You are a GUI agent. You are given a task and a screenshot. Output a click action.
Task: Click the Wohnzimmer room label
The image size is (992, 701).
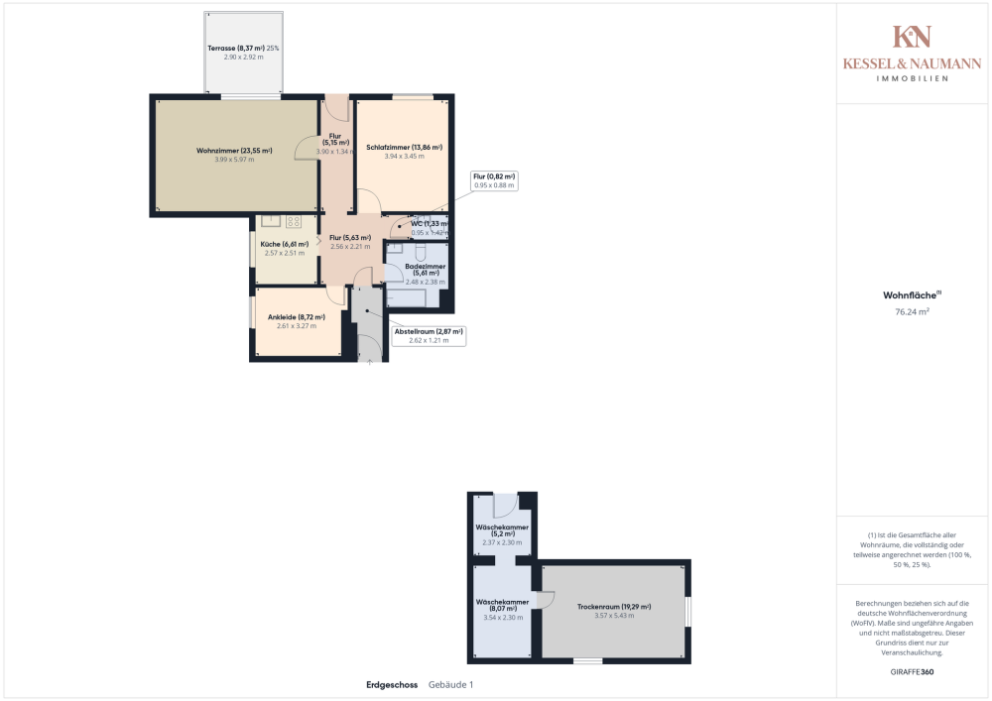tap(234, 150)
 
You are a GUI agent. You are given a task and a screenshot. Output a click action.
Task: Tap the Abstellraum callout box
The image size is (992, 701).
tap(430, 335)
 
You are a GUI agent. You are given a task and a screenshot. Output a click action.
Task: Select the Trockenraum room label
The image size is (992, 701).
tap(614, 606)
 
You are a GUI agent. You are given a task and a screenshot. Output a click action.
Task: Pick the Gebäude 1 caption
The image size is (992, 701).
tap(451, 685)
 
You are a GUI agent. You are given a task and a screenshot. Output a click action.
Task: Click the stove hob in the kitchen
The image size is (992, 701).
tap(294, 222)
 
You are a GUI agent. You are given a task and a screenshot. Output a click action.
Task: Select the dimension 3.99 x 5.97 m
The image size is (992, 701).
tap(235, 160)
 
